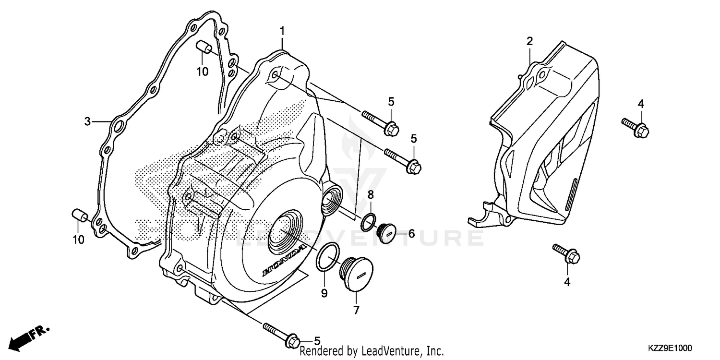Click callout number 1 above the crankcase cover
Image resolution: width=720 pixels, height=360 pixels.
(283, 31)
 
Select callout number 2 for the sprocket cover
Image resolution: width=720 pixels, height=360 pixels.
(529, 41)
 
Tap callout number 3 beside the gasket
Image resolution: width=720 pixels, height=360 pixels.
(87, 122)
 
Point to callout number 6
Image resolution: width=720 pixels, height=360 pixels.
(411, 234)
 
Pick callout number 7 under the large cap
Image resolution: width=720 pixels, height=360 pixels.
(356, 310)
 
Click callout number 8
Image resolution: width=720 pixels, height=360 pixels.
(371, 194)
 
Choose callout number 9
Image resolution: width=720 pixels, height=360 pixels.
(324, 293)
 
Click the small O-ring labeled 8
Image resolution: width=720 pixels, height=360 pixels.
(369, 221)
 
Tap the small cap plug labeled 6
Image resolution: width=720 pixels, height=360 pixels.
(386, 233)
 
